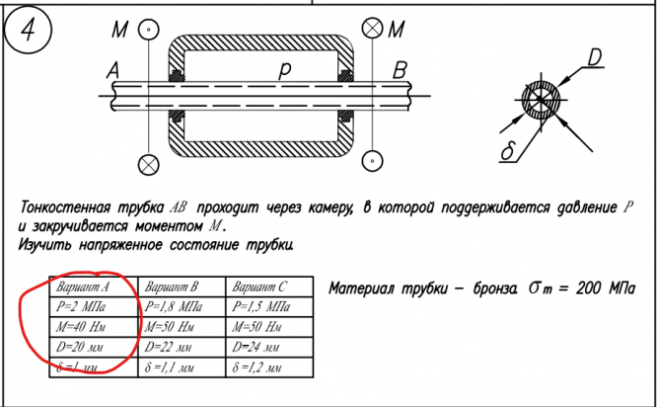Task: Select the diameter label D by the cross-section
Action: pyautogui.click(x=594, y=59)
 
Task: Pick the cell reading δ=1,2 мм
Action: pyautogui.click(x=258, y=366)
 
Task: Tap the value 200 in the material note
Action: pyautogui.click(x=589, y=288)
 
